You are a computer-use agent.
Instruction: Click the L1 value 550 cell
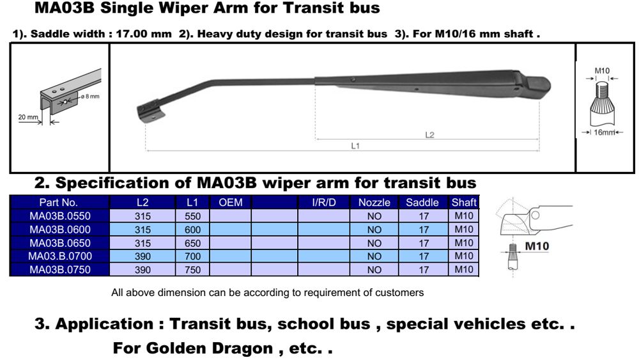point(192,216)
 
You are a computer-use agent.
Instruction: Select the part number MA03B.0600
point(60,230)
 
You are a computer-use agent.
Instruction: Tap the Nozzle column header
point(374,203)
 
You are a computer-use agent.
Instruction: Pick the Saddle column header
point(422,203)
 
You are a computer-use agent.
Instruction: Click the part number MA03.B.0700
point(60,256)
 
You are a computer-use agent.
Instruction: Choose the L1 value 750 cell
point(192,269)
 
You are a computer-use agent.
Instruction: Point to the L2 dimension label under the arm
point(429,135)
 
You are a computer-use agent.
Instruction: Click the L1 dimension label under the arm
point(355,146)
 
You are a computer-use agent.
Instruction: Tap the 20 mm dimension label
point(28,117)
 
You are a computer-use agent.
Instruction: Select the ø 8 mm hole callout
point(90,97)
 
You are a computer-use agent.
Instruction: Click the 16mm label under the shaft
point(604,132)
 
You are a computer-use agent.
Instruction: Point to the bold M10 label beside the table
point(537,246)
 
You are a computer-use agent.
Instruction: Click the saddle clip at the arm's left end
point(150,111)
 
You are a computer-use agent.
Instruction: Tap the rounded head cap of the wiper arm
point(537,86)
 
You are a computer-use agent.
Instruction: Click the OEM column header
point(230,203)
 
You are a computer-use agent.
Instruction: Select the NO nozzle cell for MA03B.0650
point(374,243)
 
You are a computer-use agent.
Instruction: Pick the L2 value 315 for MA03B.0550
point(142,216)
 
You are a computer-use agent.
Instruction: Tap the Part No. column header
point(58,203)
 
